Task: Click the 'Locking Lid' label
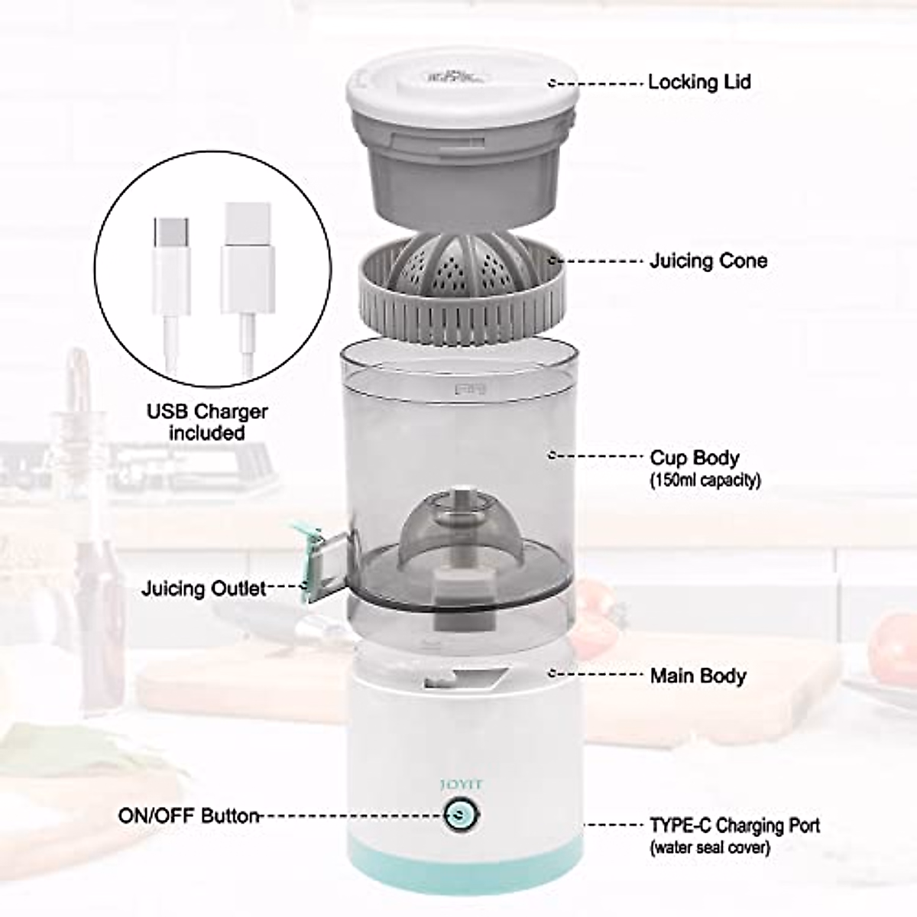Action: [699, 82]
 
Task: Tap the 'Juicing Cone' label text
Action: [708, 261]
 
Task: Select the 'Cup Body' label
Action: [695, 458]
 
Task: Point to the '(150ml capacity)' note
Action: [705, 481]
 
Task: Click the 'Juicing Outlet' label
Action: [204, 588]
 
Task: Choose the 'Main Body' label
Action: [698, 676]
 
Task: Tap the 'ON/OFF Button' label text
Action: [189, 815]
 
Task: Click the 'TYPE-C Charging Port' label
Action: [735, 825]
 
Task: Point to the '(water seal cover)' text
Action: [710, 847]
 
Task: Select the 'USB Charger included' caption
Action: [207, 422]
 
